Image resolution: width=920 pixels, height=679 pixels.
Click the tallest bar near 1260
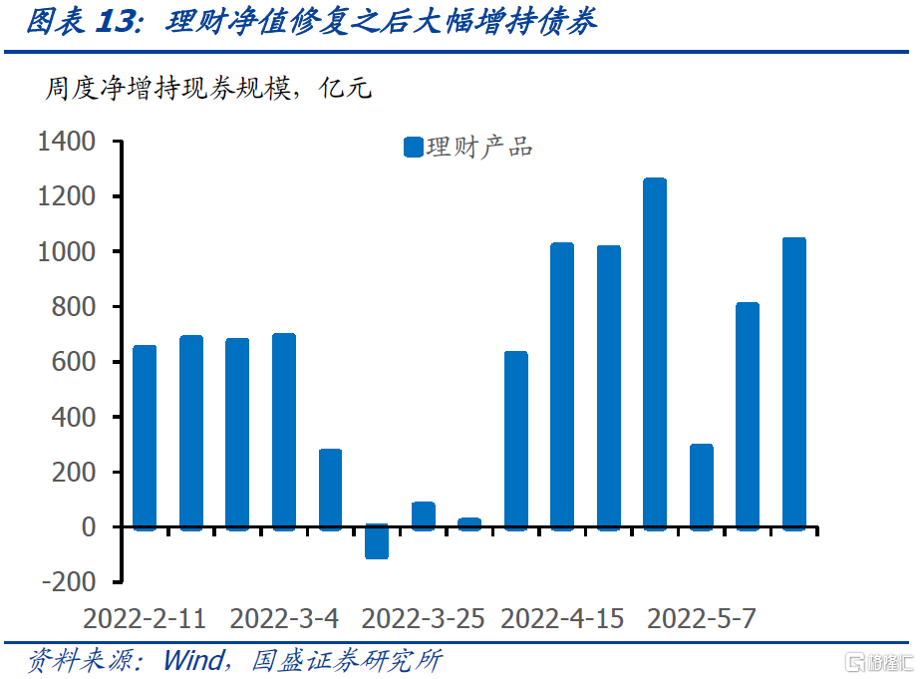coord(655,353)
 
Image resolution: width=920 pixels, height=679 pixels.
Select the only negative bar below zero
coord(377,541)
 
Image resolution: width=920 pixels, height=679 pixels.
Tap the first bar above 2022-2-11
coord(145,436)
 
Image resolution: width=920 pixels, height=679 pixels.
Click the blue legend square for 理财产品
coord(414,148)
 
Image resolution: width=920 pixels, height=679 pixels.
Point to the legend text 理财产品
coord(479,148)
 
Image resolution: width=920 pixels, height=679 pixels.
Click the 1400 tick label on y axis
coord(67,143)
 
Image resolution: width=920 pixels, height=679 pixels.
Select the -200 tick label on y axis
coord(67,581)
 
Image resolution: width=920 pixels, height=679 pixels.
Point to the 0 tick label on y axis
coord(87,526)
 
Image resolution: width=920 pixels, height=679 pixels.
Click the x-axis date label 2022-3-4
coord(284,619)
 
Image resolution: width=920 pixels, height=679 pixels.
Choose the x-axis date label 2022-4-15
coord(562,619)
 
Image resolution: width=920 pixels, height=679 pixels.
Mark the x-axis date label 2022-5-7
coord(702,619)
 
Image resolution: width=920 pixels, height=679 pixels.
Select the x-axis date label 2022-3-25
coord(423,619)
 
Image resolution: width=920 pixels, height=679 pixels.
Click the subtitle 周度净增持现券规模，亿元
coord(207,90)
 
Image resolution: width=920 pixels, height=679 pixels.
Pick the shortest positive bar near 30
coord(469,522)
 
